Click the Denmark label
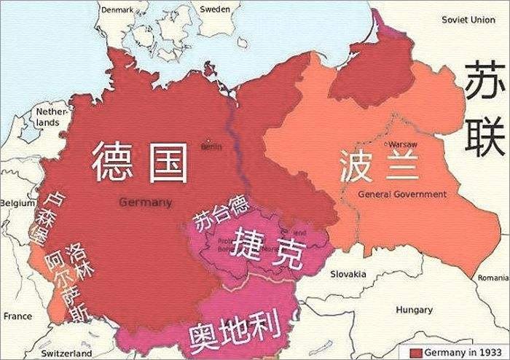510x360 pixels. [x=119, y=10]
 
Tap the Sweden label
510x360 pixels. [x=214, y=9]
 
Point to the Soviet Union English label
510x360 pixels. [x=473, y=19]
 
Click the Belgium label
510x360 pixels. [x=16, y=203]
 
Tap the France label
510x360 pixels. [x=17, y=316]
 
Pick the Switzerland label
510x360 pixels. [x=66, y=353]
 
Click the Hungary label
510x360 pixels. [x=414, y=310]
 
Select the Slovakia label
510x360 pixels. [x=348, y=274]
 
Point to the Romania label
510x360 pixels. [x=494, y=278]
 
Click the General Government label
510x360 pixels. [x=402, y=195]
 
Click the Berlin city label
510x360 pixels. [x=211, y=146]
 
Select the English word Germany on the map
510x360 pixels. [x=146, y=202]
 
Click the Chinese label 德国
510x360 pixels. [x=139, y=162]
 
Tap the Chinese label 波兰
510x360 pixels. [x=379, y=167]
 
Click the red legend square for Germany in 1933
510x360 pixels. [x=416, y=353]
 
